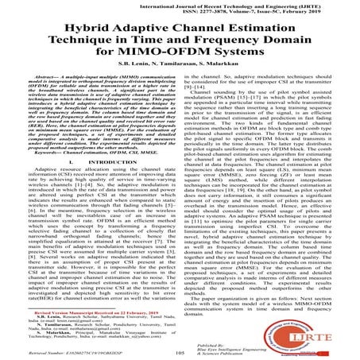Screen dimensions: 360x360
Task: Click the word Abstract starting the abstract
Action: (48, 96)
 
